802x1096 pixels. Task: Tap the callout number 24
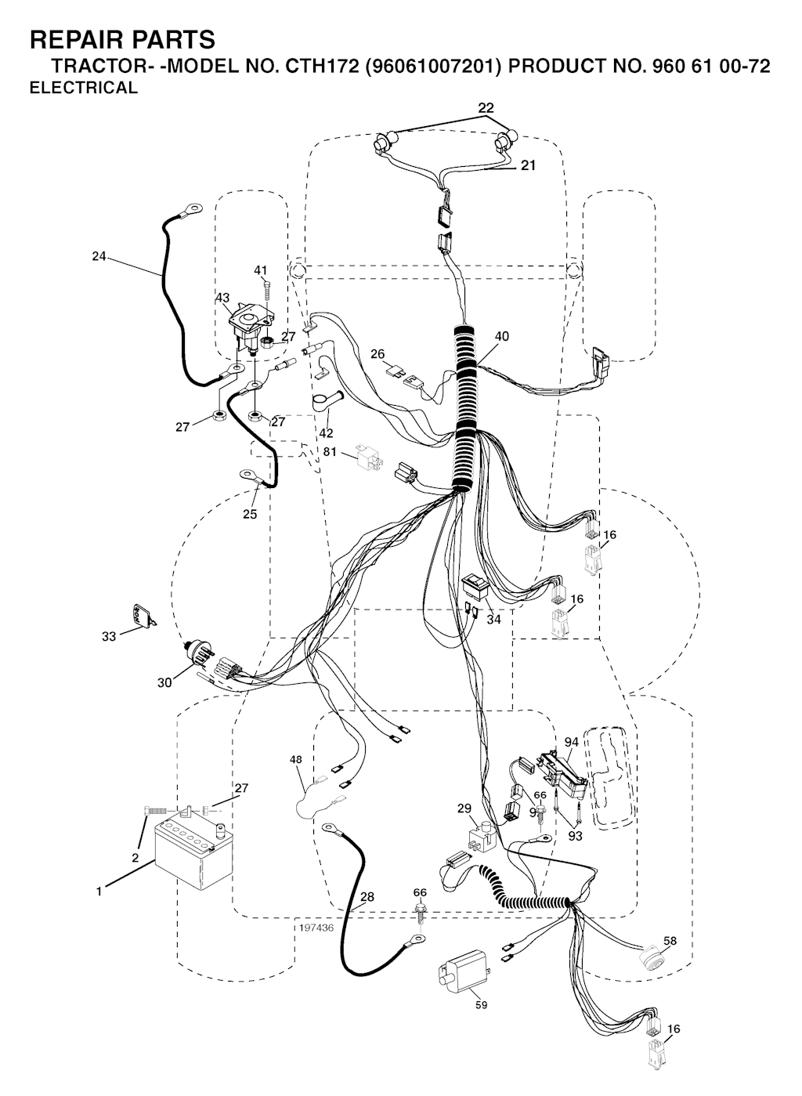point(99,256)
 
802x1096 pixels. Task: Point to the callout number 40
point(502,336)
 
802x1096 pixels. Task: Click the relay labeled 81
point(370,457)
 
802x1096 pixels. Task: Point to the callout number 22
point(486,107)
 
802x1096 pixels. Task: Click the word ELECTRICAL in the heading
point(84,88)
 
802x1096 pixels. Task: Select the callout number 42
point(326,433)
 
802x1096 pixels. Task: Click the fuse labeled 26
point(396,371)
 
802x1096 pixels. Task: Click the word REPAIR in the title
point(72,39)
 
